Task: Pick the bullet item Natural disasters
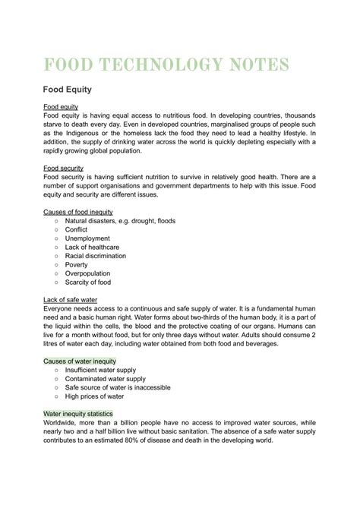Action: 121,220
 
